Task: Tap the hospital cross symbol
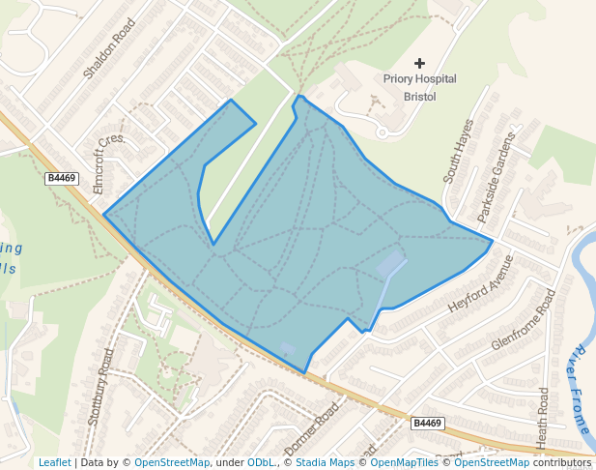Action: [x=420, y=63]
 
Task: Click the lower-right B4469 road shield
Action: [x=427, y=424]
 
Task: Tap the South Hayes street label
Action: [x=459, y=152]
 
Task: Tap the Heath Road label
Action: [x=543, y=418]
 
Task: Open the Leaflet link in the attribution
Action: [x=54, y=462]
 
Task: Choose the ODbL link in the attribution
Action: [x=261, y=462]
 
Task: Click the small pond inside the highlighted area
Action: [x=391, y=262]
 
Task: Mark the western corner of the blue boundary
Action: [x=103, y=215]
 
